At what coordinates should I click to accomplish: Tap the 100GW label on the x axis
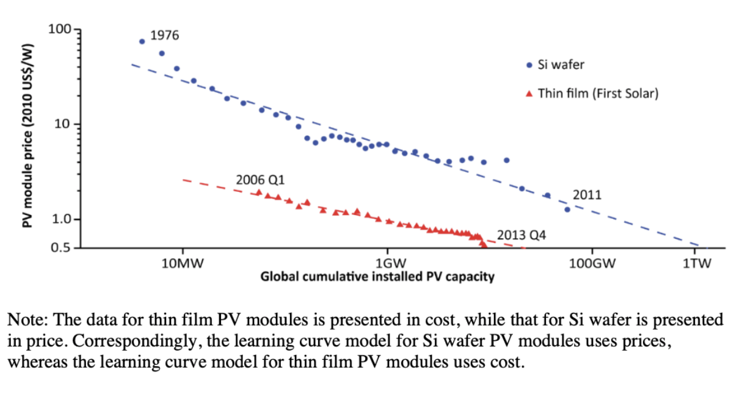click(591, 264)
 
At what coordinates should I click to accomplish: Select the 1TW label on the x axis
click(696, 264)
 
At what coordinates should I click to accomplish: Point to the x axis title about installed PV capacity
click(377, 277)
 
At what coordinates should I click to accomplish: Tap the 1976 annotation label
click(164, 35)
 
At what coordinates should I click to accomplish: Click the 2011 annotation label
click(587, 195)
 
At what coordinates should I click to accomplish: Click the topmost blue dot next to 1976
click(142, 42)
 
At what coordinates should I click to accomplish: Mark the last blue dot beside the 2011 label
click(567, 210)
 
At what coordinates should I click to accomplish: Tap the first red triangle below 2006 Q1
click(258, 192)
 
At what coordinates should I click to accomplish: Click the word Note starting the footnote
click(23, 320)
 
